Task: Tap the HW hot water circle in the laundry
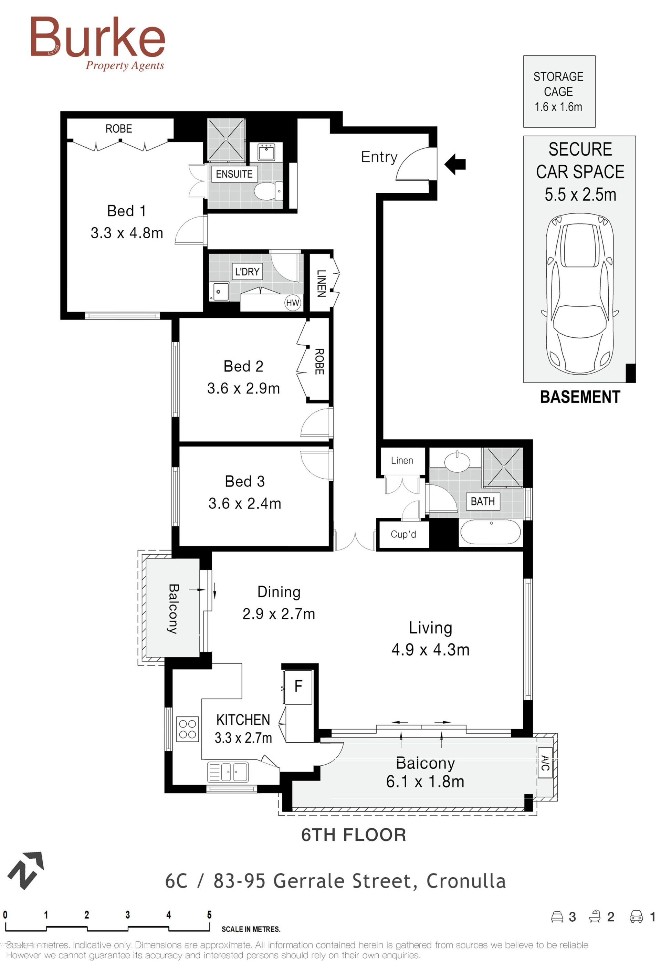click(x=292, y=303)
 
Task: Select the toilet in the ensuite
click(x=268, y=192)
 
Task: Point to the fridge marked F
click(x=298, y=687)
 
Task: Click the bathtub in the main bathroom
click(x=491, y=532)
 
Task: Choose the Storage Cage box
click(x=559, y=91)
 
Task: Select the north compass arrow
click(x=26, y=870)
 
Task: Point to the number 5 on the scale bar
click(x=209, y=915)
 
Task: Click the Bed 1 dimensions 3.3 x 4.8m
click(x=127, y=233)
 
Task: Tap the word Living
click(x=430, y=628)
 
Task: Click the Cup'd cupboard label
click(x=403, y=534)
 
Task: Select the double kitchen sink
click(x=228, y=772)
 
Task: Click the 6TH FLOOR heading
click(x=353, y=835)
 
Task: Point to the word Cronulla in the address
click(x=466, y=881)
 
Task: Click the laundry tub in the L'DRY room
click(x=219, y=291)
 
